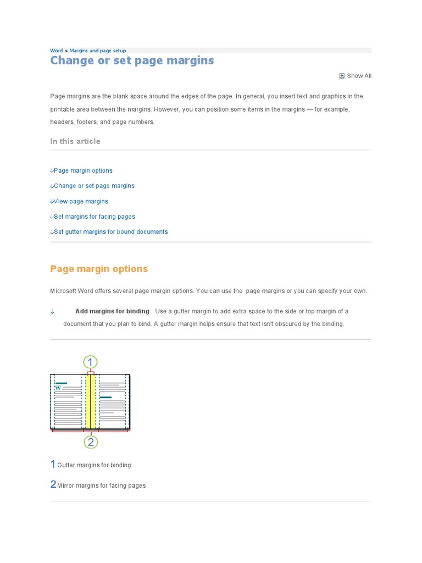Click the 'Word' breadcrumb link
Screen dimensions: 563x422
click(x=56, y=51)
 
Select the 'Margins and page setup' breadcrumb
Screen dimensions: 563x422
click(x=97, y=51)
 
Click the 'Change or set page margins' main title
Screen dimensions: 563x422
click(x=132, y=60)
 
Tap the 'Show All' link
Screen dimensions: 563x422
click(x=359, y=76)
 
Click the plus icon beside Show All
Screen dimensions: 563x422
click(x=342, y=76)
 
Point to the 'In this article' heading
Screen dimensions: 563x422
click(x=75, y=141)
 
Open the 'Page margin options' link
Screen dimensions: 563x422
click(x=83, y=170)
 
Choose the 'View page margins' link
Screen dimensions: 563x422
click(x=81, y=201)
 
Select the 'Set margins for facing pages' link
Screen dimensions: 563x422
click(x=94, y=217)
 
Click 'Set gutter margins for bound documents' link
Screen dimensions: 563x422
click(x=110, y=232)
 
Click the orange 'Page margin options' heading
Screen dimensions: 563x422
click(x=99, y=269)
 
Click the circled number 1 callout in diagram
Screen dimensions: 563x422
click(x=90, y=362)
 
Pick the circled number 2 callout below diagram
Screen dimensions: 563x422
click(x=91, y=441)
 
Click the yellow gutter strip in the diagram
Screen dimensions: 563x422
click(x=90, y=401)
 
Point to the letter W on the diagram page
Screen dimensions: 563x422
click(x=58, y=388)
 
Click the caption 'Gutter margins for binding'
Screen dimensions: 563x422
click(x=94, y=465)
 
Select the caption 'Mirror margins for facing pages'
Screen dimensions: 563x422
click(x=101, y=485)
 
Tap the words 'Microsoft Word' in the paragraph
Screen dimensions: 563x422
click(x=70, y=291)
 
